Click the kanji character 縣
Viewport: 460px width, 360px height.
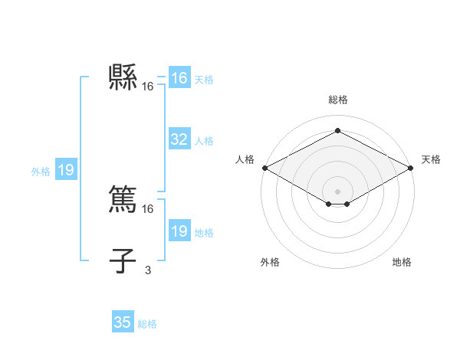pos(123,77)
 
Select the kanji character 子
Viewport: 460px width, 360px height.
pos(123,260)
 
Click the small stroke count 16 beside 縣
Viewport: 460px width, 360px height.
pos(148,87)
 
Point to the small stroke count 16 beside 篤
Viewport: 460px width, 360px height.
pos(148,208)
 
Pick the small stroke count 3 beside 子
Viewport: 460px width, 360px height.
pos(147,269)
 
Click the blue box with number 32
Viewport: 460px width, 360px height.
pos(179,139)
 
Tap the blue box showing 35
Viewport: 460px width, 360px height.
pos(123,322)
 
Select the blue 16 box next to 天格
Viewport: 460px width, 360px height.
pos(179,78)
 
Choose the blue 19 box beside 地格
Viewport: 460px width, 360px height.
pos(179,231)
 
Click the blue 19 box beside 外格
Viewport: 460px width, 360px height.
pos(66,170)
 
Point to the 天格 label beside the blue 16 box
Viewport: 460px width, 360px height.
pos(204,80)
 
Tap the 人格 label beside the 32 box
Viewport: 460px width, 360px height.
pos(204,141)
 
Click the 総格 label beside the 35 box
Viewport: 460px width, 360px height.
pos(147,324)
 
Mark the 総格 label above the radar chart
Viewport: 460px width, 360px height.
pos(338,100)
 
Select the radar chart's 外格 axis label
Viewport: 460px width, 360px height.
pos(270,262)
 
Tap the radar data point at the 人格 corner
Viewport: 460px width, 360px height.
pos(264,168)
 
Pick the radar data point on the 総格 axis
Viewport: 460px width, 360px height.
pos(338,130)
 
